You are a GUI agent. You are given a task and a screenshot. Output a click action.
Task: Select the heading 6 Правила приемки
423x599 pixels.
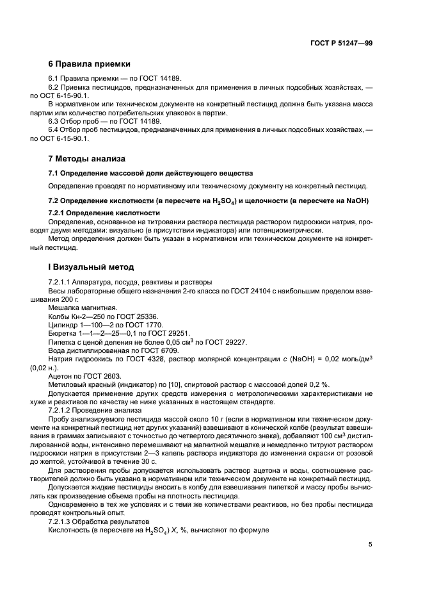pos(90,64)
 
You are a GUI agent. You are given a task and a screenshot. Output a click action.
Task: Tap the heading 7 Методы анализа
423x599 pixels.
pos(87,158)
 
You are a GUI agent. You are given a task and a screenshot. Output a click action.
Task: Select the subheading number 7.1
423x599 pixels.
pos(55,174)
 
